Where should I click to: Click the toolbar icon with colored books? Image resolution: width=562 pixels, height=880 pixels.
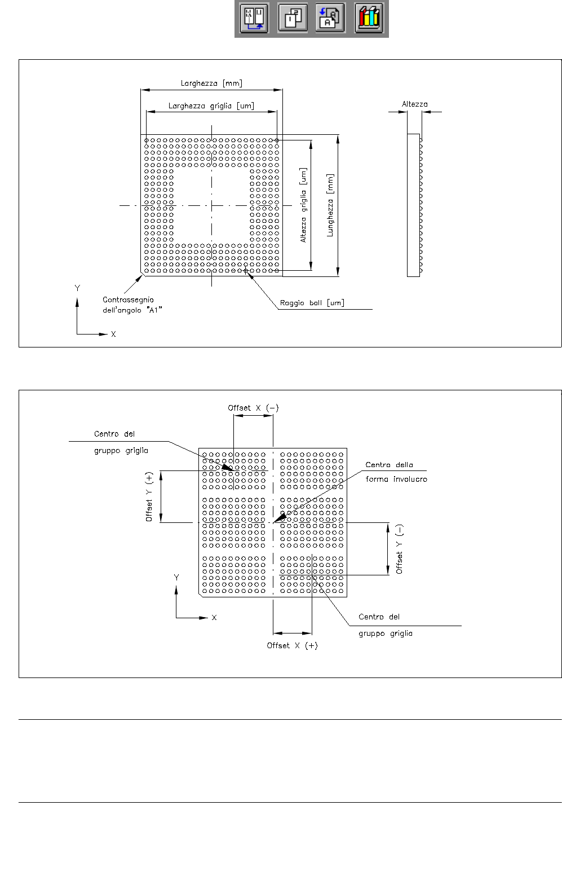tap(369, 18)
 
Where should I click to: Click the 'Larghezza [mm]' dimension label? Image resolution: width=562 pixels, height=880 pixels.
tap(211, 83)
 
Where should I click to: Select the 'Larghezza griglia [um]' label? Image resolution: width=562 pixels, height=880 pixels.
tap(211, 106)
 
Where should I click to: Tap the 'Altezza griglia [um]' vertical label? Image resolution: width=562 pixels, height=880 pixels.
tap(303, 205)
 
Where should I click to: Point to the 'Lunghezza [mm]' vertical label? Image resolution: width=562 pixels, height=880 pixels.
tap(330, 205)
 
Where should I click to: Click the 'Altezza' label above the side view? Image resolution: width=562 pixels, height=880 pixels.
tap(415, 104)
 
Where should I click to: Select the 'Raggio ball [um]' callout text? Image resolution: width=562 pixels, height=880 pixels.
tap(312, 303)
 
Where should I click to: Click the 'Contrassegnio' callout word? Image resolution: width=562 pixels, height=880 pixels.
tap(128, 300)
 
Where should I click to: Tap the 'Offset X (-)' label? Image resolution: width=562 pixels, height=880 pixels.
tap(253, 408)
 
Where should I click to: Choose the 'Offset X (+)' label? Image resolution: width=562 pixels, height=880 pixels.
tap(292, 645)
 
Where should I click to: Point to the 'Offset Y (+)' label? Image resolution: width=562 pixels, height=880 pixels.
tap(149, 497)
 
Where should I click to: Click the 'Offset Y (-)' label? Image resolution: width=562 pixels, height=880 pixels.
tap(399, 549)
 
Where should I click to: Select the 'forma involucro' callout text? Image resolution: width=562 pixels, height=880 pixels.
tap(396, 479)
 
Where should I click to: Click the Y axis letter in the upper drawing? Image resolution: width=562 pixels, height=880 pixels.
tap(77, 288)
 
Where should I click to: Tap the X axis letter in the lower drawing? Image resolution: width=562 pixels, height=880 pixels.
tap(214, 618)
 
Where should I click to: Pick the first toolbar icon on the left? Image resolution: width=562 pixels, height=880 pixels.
tap(254, 18)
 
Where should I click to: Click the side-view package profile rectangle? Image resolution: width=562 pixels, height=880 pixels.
tap(413, 205)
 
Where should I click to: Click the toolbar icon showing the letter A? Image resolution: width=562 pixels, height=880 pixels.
tap(330, 18)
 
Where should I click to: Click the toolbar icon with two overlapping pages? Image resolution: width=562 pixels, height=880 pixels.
tap(293, 18)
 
